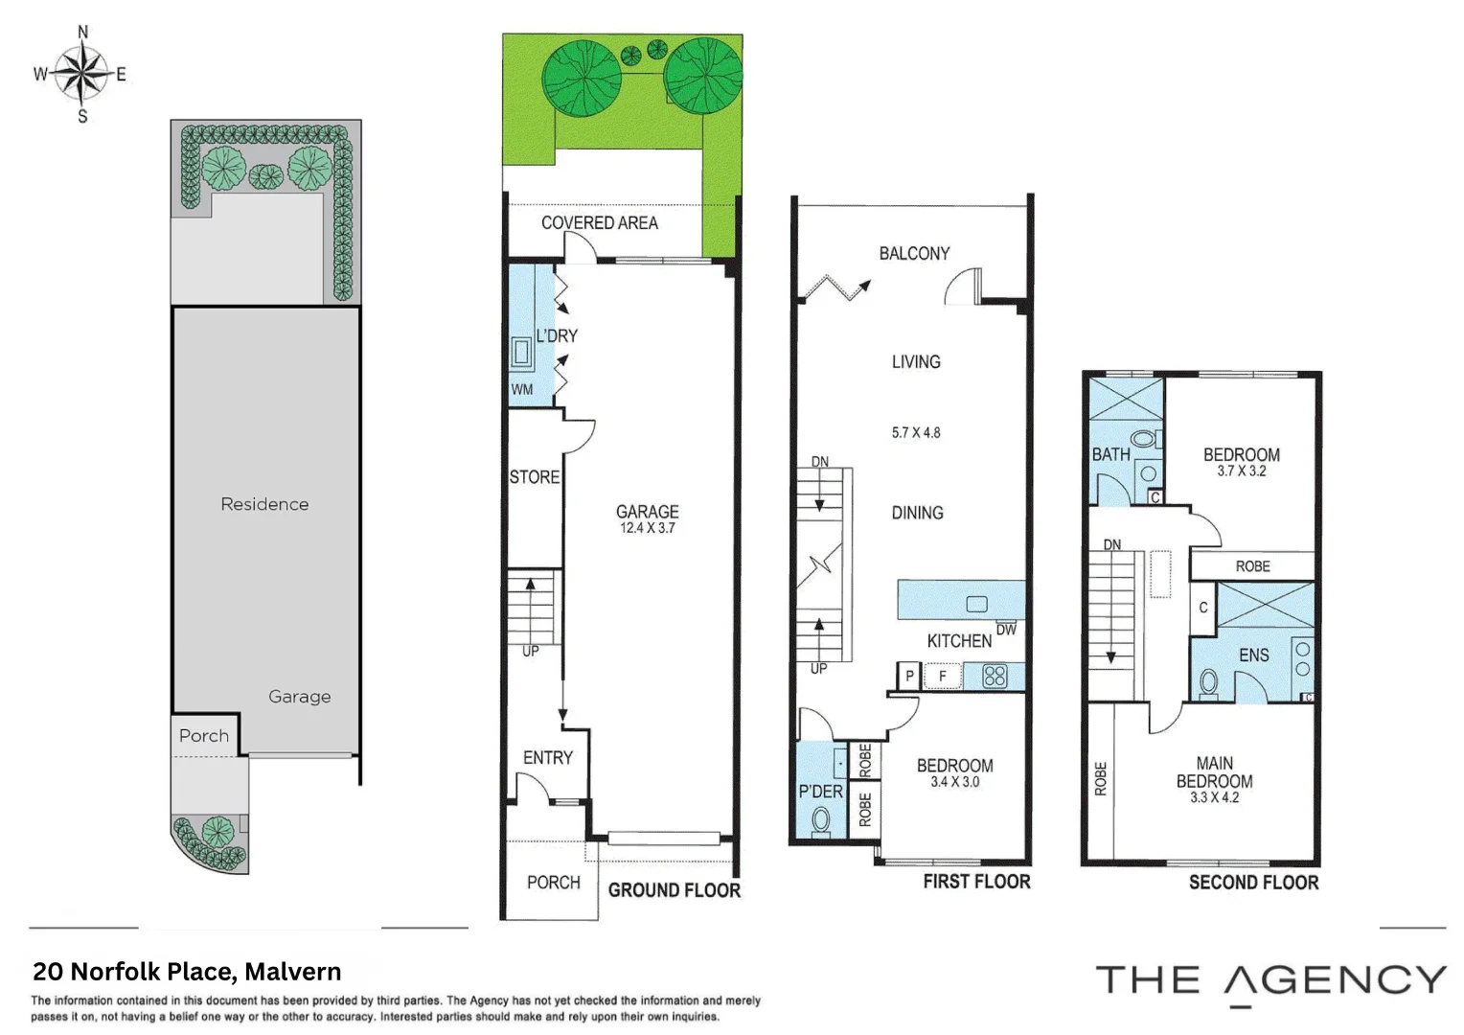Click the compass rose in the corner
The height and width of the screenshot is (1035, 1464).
point(81,74)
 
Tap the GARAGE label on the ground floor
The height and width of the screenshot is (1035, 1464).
point(647,512)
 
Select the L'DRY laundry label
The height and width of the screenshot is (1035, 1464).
point(557,335)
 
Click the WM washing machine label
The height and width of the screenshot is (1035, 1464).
point(521,389)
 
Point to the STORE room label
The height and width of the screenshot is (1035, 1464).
point(534,476)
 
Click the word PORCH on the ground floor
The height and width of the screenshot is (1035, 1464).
point(553,882)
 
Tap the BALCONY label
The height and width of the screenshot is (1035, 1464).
point(914,253)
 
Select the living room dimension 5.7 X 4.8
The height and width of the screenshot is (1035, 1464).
point(916,432)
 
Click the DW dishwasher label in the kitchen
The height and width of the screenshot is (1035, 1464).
point(1006,630)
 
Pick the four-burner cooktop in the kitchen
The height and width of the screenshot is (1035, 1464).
point(995,676)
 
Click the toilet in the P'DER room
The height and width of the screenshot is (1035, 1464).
point(821,820)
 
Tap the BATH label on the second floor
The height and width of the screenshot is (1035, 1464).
point(1110,454)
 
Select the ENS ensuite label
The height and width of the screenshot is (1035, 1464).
point(1253,655)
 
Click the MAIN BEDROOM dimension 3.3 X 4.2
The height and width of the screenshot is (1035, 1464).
point(1214,797)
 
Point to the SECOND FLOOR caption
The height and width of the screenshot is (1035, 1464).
point(1253,882)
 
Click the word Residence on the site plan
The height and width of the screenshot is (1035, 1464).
point(264,504)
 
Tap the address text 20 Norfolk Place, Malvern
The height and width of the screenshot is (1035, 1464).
point(187,972)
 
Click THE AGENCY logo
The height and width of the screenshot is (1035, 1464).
point(1270,981)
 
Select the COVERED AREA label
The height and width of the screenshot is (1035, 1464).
point(599,222)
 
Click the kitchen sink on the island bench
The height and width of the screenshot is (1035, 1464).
point(976,604)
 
